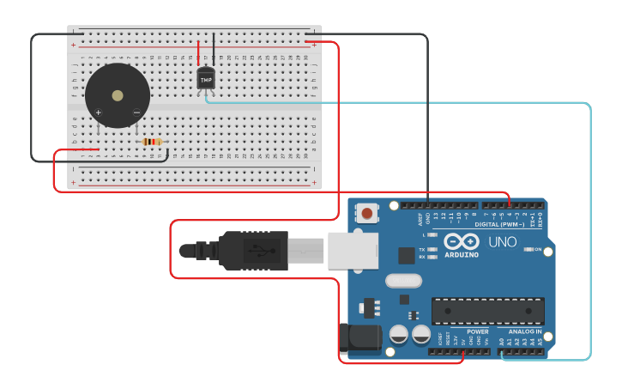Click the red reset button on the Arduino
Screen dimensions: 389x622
point(367,213)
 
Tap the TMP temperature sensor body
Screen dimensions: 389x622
point(206,78)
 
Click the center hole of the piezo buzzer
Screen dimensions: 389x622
point(118,94)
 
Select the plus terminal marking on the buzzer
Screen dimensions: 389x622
point(99,112)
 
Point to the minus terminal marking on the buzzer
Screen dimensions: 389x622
point(136,112)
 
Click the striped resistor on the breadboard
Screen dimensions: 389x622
point(152,142)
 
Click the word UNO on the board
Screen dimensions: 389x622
point(503,242)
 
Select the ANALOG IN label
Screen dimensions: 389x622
point(525,331)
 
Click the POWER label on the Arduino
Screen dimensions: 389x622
point(477,331)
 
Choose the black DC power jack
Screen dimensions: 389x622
point(359,338)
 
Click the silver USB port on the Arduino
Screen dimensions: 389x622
point(353,250)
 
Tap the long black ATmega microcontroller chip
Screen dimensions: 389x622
point(487,310)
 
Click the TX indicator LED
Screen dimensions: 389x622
point(432,249)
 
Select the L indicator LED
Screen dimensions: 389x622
point(432,234)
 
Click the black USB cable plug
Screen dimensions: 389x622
point(252,250)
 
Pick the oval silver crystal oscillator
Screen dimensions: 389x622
point(404,280)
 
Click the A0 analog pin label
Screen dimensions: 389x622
point(502,341)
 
